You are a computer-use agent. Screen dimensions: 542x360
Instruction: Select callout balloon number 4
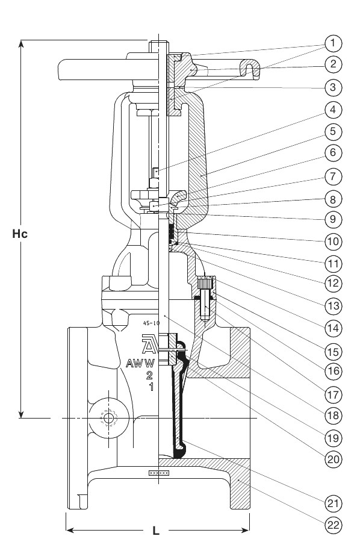coord(333,109)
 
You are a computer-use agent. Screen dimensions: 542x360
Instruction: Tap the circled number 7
coord(333,176)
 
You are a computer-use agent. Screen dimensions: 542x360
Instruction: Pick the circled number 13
coord(333,306)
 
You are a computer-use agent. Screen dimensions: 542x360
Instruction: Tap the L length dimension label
coord(156,532)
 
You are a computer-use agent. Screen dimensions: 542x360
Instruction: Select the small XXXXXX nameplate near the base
coord(159,473)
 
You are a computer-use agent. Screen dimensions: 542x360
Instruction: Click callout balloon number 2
coord(333,64)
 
